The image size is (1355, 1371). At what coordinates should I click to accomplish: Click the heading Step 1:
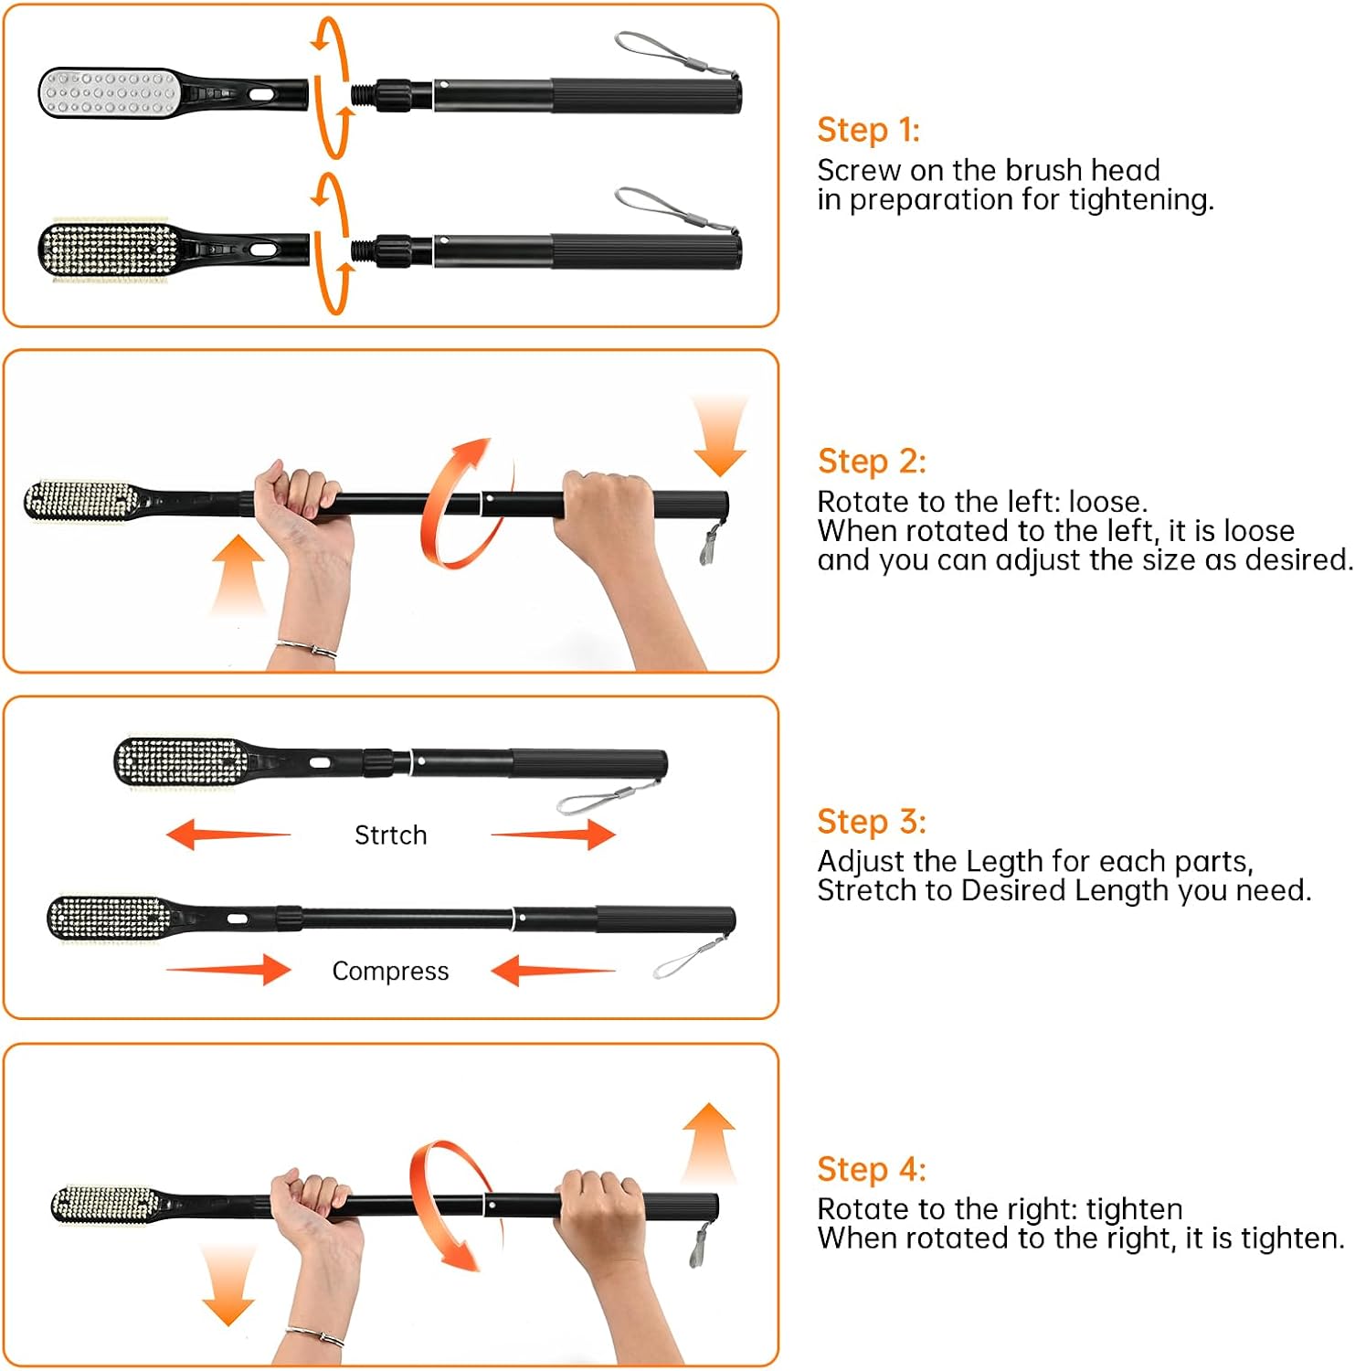coord(868,130)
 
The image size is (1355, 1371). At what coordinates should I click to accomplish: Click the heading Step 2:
coord(871,461)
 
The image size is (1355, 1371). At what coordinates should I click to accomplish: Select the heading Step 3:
coord(871,821)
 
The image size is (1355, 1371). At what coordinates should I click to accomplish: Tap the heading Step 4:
coord(871,1169)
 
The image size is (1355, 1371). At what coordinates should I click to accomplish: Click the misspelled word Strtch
coord(390,834)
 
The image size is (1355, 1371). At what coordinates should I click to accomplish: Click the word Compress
coord(390,971)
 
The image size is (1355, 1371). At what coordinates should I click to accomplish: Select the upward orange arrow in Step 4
coord(709,1142)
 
